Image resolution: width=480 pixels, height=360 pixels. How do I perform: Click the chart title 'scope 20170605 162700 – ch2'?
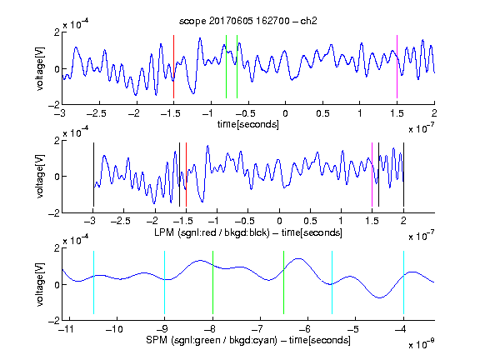click(248, 21)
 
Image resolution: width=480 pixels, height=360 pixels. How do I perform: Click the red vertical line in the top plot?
click(173, 67)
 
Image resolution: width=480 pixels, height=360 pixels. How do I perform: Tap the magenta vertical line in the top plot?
click(397, 67)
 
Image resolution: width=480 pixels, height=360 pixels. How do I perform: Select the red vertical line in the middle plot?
click(186, 175)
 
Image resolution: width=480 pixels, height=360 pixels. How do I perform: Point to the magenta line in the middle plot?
click(372, 175)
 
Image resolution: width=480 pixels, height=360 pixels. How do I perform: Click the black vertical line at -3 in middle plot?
click(93, 175)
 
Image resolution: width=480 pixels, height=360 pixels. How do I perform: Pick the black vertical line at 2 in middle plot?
click(403, 175)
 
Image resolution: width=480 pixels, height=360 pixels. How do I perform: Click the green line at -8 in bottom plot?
click(212, 282)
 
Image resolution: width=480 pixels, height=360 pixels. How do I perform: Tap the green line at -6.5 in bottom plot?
click(284, 282)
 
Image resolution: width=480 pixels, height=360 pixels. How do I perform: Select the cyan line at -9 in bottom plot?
click(165, 282)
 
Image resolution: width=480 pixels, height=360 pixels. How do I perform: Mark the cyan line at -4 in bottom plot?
click(403, 282)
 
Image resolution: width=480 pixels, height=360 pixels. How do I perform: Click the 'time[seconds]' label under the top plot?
click(248, 124)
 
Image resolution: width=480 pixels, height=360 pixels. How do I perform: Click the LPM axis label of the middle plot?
click(248, 232)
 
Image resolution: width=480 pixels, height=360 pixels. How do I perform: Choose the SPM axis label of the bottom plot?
click(248, 340)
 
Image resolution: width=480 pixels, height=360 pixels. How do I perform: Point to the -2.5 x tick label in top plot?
click(97, 113)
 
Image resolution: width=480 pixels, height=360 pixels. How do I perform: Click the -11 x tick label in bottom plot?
click(67, 329)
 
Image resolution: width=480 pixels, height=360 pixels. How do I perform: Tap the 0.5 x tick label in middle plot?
click(310, 221)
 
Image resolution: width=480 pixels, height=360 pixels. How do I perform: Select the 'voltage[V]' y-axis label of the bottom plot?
click(40, 284)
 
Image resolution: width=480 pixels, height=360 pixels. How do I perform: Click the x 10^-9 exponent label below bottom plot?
click(422, 343)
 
